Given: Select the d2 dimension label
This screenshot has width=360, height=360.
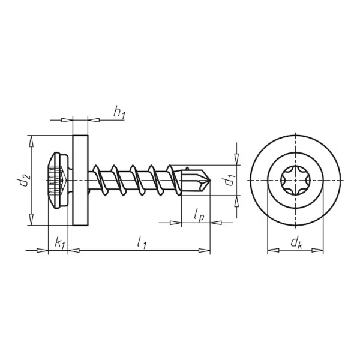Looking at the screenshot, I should pyautogui.click(x=22, y=181).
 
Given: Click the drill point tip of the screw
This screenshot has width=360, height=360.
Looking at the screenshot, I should pyautogui.click(x=208, y=180).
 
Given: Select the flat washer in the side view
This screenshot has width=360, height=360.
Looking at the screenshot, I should pyautogui.click(x=79, y=180).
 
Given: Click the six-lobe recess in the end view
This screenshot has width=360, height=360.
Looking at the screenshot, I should pyautogui.click(x=295, y=180).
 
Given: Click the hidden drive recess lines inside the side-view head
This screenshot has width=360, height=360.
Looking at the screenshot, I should pyautogui.click(x=57, y=180).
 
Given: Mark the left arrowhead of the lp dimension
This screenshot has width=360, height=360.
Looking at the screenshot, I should pyautogui.click(x=176, y=223).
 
